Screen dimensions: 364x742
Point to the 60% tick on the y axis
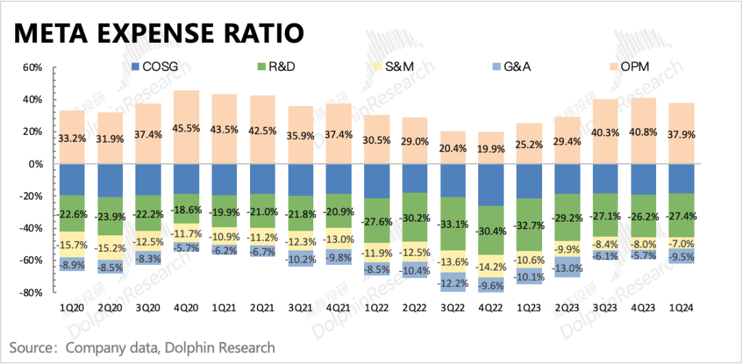32,68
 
